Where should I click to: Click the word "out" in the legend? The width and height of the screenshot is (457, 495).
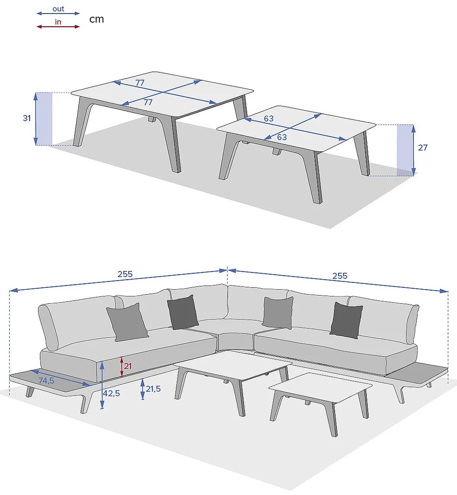point(58,9)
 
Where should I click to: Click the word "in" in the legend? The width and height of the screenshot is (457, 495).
point(58,22)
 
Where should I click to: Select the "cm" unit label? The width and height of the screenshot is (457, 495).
point(97,19)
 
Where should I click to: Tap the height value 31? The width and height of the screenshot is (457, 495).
point(27,118)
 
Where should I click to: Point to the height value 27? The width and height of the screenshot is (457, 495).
point(423,148)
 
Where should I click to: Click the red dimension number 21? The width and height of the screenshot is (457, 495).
point(128,366)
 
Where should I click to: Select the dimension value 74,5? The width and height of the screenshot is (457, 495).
point(47,381)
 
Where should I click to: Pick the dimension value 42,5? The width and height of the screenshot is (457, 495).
point(112,394)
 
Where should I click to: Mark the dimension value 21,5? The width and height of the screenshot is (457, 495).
point(153,389)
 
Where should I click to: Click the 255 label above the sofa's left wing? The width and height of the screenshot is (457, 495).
point(125,274)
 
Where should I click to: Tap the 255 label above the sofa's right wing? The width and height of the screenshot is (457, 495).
point(340,276)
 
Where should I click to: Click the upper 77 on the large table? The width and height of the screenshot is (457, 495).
point(140,82)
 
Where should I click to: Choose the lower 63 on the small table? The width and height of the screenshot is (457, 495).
point(282,137)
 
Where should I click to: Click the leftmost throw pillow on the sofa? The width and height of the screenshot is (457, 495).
point(127,322)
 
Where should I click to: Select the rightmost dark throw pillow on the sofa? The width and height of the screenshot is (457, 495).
point(346,320)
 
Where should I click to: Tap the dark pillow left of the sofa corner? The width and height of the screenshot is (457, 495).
point(183,312)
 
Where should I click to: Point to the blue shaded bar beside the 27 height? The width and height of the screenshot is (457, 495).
point(405,150)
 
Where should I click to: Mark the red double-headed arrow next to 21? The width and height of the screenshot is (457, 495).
point(122,367)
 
